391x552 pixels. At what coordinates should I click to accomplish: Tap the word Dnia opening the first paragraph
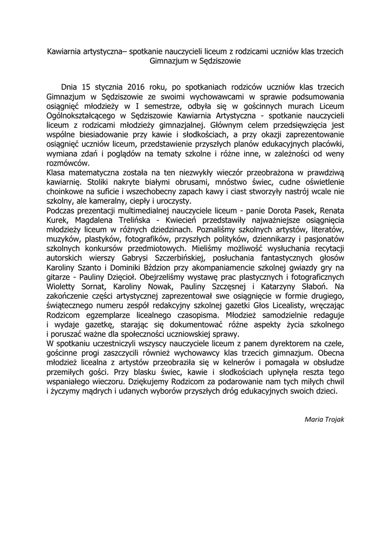point(72,86)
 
